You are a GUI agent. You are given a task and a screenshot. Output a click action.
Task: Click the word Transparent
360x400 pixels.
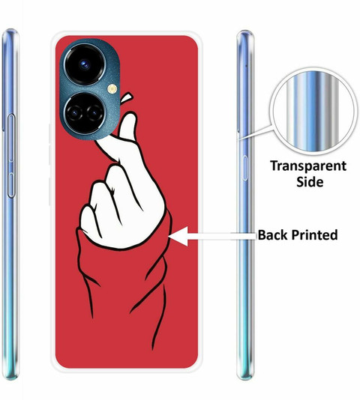[308, 166]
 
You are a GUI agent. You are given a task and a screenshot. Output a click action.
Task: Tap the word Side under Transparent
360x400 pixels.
[310, 182]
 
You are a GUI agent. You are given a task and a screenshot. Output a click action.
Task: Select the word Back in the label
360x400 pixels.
[273, 234]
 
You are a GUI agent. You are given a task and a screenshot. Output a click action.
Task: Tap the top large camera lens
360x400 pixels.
[85, 64]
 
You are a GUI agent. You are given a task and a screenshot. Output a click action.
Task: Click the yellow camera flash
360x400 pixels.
[112, 89]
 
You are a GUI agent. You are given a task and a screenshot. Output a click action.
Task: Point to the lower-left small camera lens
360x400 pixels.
[74, 113]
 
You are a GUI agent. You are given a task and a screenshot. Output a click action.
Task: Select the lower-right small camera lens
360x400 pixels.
[94, 113]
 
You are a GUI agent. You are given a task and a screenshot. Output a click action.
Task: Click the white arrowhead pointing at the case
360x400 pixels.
[178, 236]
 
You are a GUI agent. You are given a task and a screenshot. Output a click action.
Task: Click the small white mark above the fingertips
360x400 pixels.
[127, 98]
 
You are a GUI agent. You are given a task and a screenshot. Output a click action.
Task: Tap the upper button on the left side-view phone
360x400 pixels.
[11, 139]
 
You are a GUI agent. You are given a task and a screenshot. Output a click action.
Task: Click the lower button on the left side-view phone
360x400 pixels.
[11, 185]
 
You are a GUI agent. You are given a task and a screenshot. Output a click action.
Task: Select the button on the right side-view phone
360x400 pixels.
[245, 168]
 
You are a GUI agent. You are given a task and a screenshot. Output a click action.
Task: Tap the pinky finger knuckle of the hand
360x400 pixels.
[86, 211]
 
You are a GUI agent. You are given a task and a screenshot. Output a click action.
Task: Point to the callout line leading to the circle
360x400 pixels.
[255, 132]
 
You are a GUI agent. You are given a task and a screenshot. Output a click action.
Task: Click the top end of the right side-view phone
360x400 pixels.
[245, 31]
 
